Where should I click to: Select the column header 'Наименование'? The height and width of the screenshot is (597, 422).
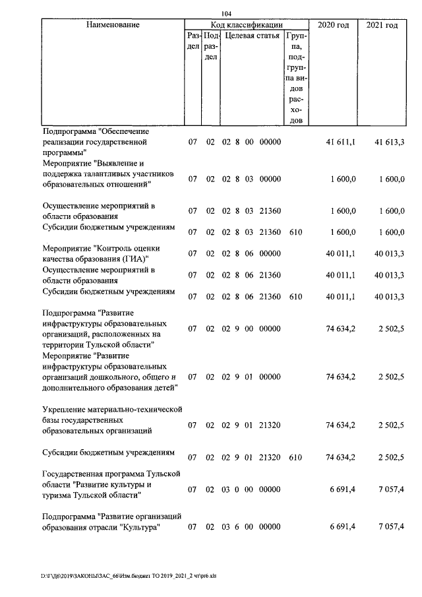click(x=113, y=25)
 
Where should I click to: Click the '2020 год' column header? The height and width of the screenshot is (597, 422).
click(x=334, y=25)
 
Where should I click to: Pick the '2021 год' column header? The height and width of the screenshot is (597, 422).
click(x=382, y=25)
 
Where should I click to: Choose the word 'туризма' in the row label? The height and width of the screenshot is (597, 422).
click(x=59, y=494)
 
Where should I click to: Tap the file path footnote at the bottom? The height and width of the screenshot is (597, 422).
click(x=128, y=576)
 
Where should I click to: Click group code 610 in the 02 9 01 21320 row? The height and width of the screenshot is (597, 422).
click(x=295, y=457)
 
